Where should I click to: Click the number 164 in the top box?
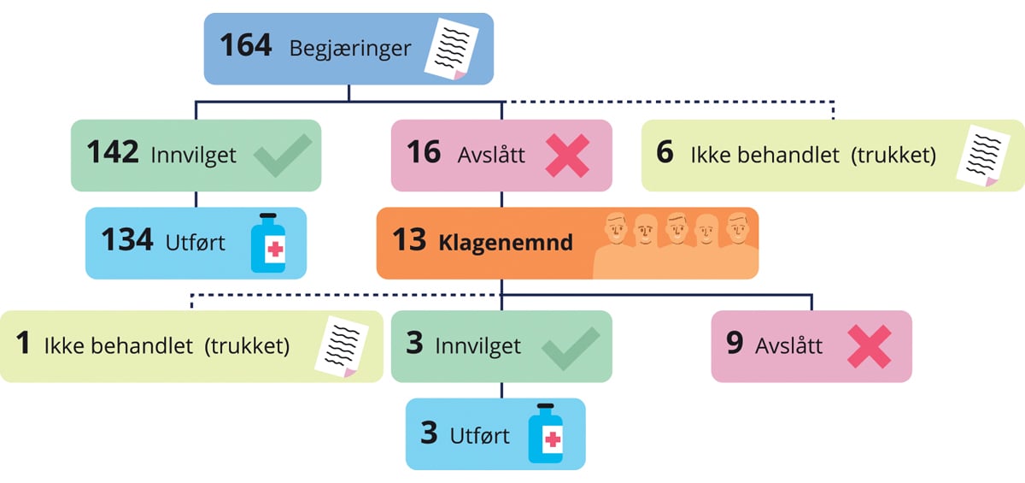tap(246, 45)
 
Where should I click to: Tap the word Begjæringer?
tap(350, 48)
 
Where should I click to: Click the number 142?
tap(113, 153)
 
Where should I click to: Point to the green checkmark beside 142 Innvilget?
tap(282, 156)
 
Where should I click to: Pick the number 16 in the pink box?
tap(424, 153)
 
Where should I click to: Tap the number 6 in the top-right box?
tap(665, 154)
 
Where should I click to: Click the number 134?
tap(127, 241)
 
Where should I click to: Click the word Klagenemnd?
tap(506, 243)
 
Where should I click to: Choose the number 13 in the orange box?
tap(409, 241)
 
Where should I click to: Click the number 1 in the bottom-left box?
tap(23, 345)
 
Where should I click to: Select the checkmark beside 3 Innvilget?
tap(570, 347)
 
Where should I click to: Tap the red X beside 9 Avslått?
tap(869, 347)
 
